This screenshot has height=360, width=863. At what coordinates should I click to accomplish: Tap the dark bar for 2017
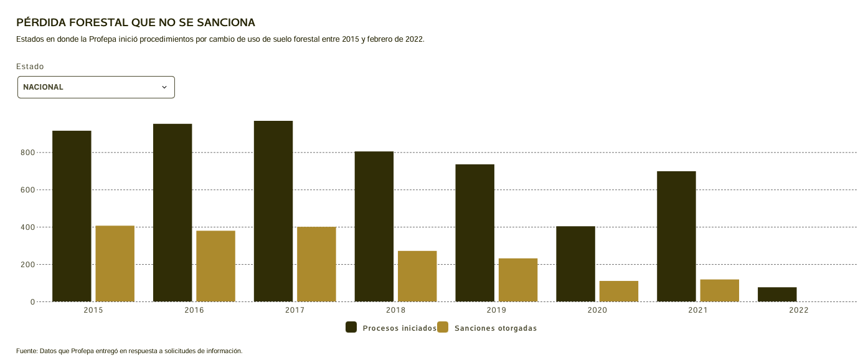point(273,211)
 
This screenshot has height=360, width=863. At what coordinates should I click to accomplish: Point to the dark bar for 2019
point(474,233)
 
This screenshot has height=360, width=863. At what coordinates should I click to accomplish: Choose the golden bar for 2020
point(619,291)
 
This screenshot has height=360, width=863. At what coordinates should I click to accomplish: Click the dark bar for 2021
point(676,236)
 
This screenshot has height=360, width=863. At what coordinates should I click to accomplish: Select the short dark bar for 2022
point(777,295)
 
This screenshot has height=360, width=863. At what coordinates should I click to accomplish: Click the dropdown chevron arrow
point(164,87)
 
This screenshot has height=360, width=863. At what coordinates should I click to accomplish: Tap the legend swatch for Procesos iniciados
point(351,328)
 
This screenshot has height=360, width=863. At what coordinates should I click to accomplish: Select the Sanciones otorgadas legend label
point(496,328)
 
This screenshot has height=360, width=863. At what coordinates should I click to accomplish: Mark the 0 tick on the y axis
point(32,302)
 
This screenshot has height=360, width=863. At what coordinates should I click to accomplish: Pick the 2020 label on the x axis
point(597,310)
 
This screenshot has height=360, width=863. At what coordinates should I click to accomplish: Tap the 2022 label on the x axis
point(799,310)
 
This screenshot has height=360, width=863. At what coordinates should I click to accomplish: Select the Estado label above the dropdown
point(30,67)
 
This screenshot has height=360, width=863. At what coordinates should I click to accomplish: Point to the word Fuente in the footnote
point(26,351)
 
